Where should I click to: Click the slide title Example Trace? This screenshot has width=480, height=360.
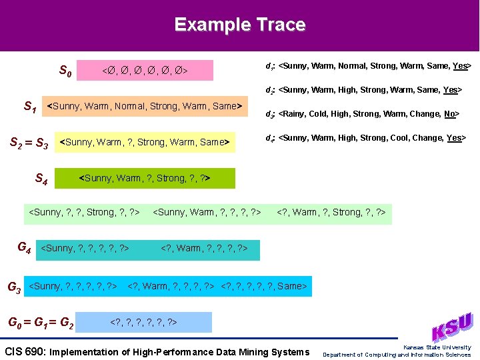tap(239, 25)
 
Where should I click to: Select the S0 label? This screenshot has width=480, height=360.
tap(65, 70)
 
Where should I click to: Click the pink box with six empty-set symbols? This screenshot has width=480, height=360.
tap(145, 70)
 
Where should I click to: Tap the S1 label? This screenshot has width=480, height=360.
tap(30, 106)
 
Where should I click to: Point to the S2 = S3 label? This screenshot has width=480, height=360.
tap(29, 142)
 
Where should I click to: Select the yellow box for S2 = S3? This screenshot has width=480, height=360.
tap(145, 142)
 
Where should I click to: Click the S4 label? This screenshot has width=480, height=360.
tap(41, 178)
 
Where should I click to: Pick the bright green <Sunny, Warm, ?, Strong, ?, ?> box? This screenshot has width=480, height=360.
tap(145, 178)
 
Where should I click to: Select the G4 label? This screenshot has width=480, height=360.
tap(24, 249)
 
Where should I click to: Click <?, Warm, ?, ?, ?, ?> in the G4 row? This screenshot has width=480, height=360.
tap(204, 249)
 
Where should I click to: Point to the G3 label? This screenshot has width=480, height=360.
tap(13, 287)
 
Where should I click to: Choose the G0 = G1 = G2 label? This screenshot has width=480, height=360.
tap(40, 323)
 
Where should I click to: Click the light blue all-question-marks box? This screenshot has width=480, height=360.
tap(143, 323)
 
